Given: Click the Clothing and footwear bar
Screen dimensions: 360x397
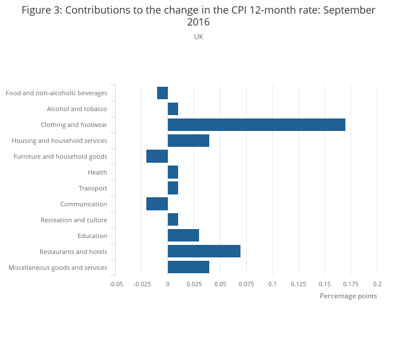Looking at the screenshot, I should click(x=256, y=125).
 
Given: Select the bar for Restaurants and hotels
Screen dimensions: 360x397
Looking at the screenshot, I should click(x=204, y=251).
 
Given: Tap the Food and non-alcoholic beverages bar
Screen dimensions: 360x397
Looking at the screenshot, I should click(x=163, y=93).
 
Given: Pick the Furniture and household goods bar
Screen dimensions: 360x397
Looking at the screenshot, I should click(x=157, y=156).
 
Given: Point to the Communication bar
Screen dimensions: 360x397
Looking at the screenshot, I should click(x=157, y=204).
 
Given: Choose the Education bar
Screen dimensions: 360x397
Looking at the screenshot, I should click(x=183, y=235).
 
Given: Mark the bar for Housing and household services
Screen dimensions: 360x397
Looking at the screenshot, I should click(x=188, y=141).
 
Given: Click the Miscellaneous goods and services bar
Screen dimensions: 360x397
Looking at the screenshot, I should click(x=188, y=267).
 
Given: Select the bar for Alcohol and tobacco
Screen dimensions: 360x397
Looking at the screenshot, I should click(x=173, y=109).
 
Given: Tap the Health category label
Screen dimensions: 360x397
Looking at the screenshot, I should click(x=98, y=172).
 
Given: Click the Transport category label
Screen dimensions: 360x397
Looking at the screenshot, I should click(x=93, y=188).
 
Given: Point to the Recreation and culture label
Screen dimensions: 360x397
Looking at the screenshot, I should click(x=74, y=220).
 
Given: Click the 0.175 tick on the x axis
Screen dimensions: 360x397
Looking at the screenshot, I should click(x=350, y=283).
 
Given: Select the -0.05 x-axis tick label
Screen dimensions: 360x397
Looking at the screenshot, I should click(x=116, y=283).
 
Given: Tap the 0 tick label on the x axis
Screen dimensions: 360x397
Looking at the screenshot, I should click(x=168, y=283).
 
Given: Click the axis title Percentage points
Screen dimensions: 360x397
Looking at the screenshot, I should click(x=348, y=296).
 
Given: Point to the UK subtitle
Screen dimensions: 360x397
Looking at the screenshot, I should click(x=198, y=37).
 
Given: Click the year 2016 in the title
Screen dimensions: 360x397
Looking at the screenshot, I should click(x=198, y=23).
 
